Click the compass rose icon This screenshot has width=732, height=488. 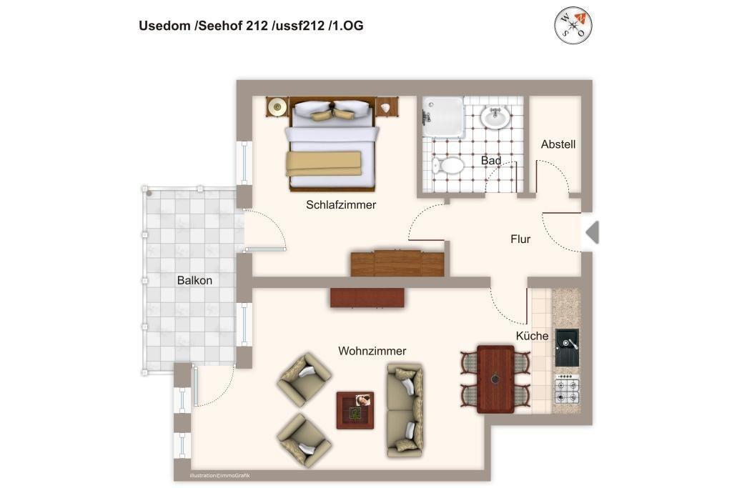click(573, 25)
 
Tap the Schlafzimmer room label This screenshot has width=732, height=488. click(341, 205)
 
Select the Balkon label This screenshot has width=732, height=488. click(194, 280)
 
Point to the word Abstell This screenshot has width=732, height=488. click(558, 144)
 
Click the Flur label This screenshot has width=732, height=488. click(520, 239)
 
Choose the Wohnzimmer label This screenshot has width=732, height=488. click(372, 351)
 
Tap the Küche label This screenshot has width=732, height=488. click(532, 336)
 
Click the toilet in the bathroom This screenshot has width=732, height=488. click(447, 166)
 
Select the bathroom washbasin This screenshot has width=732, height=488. click(495, 117)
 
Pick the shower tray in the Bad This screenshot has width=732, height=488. click(443, 117)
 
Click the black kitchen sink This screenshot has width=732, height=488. click(567, 347)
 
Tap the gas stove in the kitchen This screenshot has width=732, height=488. click(567, 389)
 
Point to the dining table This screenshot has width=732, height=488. click(495, 379)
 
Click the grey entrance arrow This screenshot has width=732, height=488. click(593, 232)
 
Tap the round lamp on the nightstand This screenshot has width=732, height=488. click(277, 107)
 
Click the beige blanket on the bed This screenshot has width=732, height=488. click(324, 164)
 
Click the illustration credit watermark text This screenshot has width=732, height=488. click(219, 475)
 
